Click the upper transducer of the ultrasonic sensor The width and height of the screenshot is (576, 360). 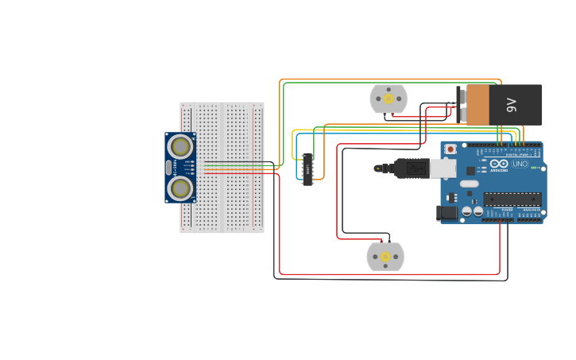(180, 147)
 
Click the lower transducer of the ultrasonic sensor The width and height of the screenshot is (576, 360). (180, 188)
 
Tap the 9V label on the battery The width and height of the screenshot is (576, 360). (512, 104)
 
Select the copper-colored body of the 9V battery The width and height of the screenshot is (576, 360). (478, 105)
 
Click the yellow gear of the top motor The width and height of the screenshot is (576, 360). (389, 99)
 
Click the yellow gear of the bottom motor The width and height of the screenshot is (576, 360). (385, 257)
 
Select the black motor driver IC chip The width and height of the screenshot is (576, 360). (307, 169)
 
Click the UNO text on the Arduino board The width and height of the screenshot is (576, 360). (520, 164)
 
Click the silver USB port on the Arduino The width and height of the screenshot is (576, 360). (443, 168)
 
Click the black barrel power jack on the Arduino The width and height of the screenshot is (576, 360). (446, 212)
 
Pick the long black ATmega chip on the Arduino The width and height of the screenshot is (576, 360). (512, 199)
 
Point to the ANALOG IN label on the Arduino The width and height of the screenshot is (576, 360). (528, 209)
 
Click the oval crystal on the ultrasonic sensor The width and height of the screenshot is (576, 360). (168, 168)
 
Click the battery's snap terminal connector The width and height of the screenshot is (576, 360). (461, 105)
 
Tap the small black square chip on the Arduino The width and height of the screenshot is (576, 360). (470, 170)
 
